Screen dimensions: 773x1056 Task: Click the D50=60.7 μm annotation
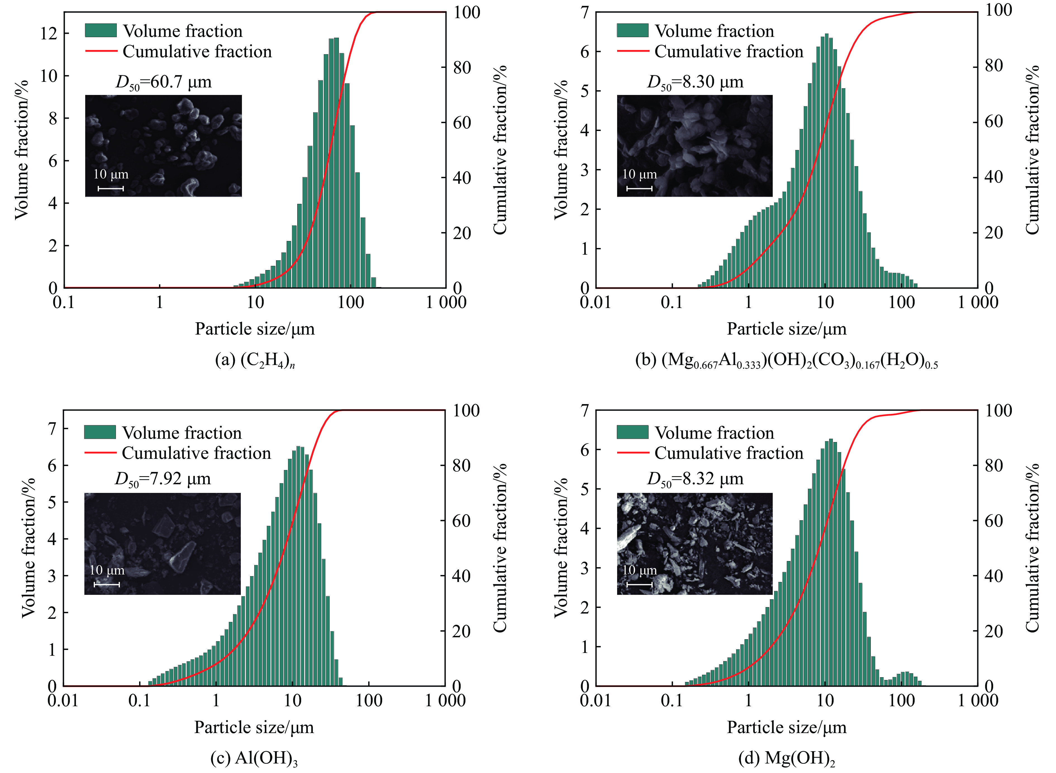pyautogui.click(x=163, y=82)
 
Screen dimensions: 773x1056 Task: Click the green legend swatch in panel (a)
pyautogui.click(x=101, y=30)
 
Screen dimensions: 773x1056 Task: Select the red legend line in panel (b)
pyautogui.click(x=632, y=51)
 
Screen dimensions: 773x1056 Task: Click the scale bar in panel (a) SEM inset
pyautogui.click(x=110, y=189)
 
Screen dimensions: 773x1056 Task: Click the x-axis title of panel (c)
pyautogui.click(x=254, y=727)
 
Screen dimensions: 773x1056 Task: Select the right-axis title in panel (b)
pyautogui.click(x=1032, y=150)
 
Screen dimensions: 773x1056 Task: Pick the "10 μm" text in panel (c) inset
pyautogui.click(x=107, y=570)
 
